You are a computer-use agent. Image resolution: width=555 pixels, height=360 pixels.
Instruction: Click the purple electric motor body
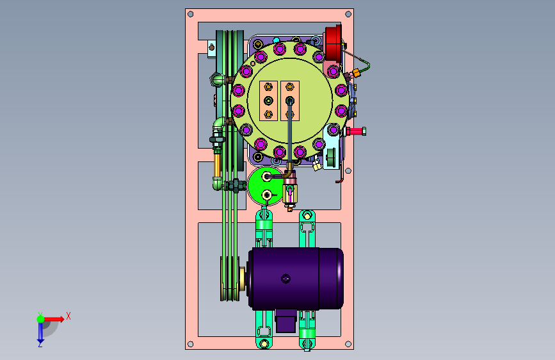[x=296, y=279]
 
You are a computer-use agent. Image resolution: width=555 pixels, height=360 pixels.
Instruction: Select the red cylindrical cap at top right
[x=334, y=42]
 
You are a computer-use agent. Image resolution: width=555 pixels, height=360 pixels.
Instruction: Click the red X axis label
[x=68, y=316]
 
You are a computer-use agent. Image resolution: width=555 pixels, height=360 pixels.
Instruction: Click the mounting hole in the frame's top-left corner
[x=190, y=14]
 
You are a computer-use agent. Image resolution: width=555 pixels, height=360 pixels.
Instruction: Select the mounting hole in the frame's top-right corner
[x=348, y=14]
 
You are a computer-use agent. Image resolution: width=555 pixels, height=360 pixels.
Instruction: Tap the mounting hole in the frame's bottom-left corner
[x=190, y=344]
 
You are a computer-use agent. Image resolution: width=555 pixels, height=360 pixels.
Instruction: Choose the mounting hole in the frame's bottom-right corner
[x=348, y=344]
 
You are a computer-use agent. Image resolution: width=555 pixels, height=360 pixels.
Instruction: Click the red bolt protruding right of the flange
[x=356, y=131]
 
